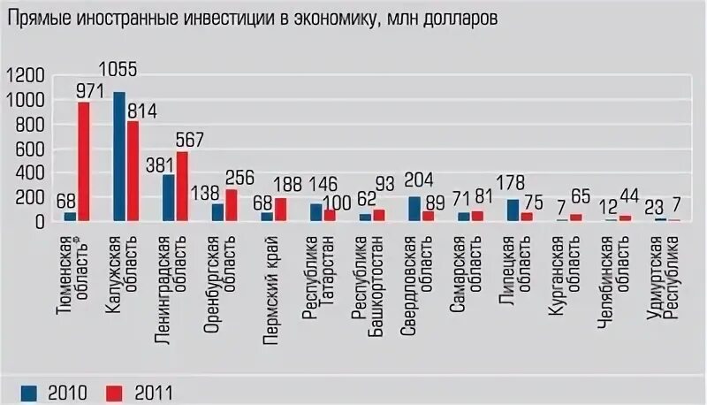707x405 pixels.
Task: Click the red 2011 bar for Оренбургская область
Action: tap(232, 204)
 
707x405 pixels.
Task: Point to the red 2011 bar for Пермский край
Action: tap(281, 209)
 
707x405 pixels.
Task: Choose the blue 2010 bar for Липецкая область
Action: tap(513, 210)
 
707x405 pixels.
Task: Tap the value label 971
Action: tap(91, 90)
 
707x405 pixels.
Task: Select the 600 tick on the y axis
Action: tap(31, 149)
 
